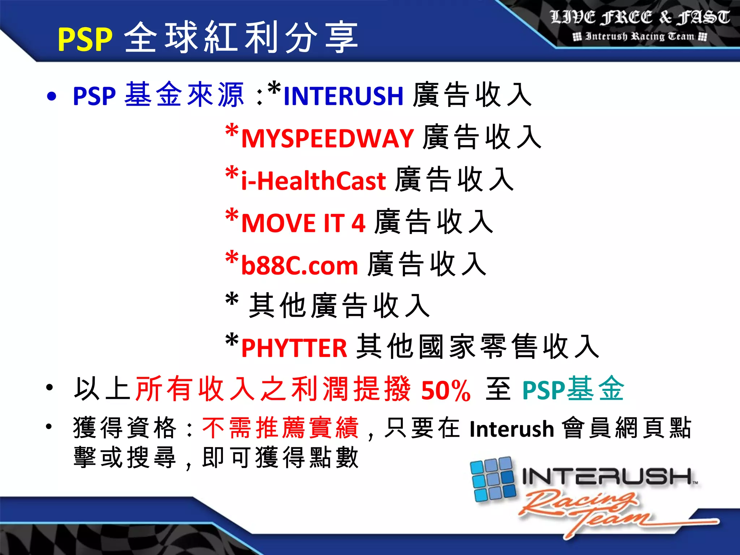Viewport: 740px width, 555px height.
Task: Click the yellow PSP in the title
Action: (85, 39)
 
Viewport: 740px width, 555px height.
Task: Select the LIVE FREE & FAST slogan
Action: (640, 17)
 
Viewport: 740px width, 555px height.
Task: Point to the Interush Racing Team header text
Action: (640, 36)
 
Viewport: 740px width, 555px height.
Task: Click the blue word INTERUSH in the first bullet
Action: (343, 96)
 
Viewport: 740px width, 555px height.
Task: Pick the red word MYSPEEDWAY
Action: (327, 138)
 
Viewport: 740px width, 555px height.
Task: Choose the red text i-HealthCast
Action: (314, 181)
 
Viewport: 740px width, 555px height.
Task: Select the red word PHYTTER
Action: (294, 348)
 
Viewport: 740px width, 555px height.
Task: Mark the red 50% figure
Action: (446, 391)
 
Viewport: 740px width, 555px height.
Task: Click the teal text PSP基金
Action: (573, 390)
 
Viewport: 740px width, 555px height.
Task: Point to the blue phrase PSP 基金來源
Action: (158, 95)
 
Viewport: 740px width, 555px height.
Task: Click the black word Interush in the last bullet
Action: (512, 429)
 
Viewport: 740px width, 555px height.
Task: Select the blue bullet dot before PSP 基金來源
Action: (52, 96)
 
